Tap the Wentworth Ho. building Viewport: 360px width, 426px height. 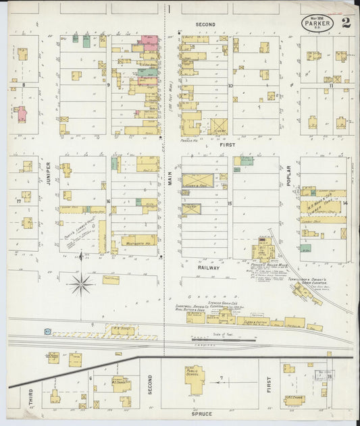pyautogui.click(x=139, y=240)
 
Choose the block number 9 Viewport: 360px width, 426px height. pyautogui.click(x=108, y=85)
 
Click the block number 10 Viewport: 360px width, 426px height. pyautogui.click(x=230, y=86)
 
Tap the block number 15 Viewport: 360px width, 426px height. pyautogui.click(x=230, y=203)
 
